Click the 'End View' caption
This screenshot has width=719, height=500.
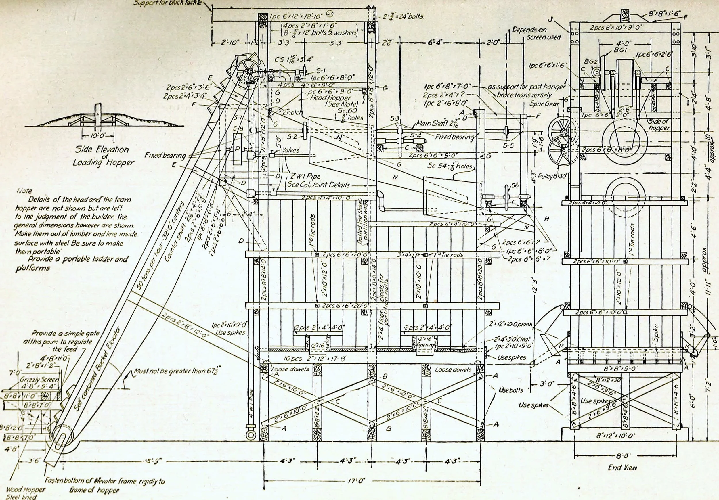click(x=622, y=476)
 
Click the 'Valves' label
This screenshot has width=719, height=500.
click(x=290, y=150)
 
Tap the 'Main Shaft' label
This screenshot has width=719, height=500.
click(x=436, y=123)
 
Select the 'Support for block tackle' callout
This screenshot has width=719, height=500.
click(x=168, y=3)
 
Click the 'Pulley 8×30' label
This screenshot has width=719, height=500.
click(x=550, y=176)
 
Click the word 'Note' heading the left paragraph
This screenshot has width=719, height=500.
click(x=24, y=191)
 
